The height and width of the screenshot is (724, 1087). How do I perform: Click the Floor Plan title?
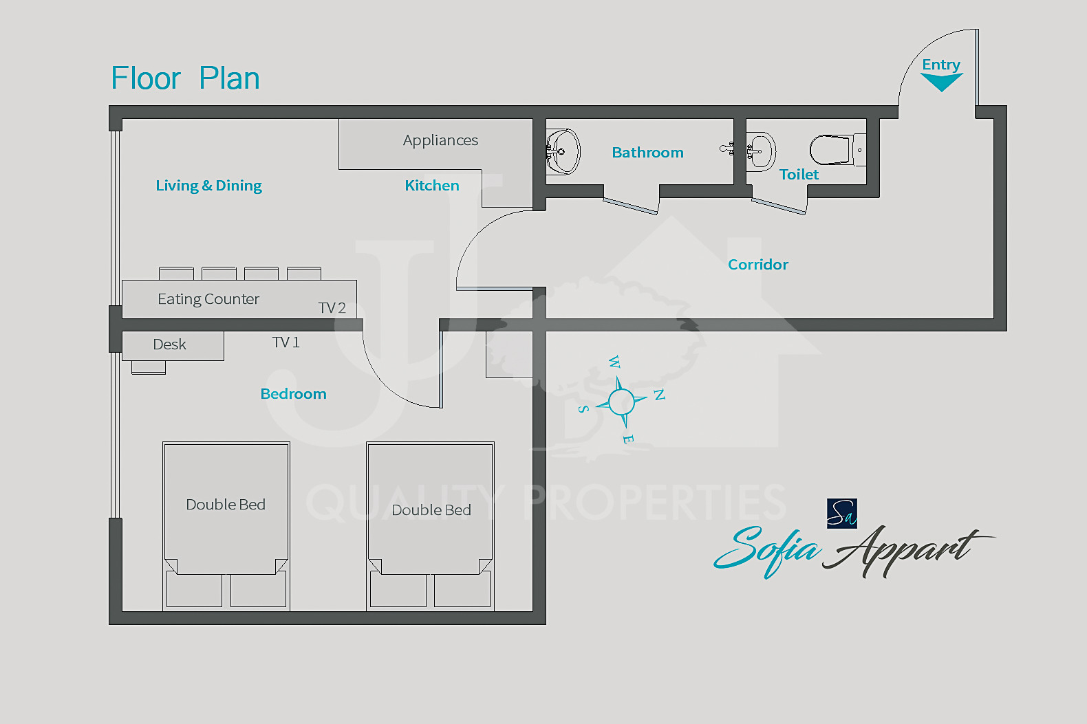click(x=185, y=78)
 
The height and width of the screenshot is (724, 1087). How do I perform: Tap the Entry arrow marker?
click(x=941, y=81)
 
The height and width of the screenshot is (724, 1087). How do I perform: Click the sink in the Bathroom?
click(x=563, y=152)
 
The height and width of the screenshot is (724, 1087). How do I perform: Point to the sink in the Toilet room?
click(x=760, y=152)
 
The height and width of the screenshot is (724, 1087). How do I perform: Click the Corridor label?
click(x=758, y=264)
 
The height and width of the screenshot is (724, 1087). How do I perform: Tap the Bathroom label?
click(x=648, y=152)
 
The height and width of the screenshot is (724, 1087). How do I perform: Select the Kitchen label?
click(x=432, y=185)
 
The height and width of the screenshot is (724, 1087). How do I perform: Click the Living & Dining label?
click(x=208, y=186)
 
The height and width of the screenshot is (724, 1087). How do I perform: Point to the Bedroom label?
click(x=293, y=393)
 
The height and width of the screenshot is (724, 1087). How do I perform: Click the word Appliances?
click(x=440, y=140)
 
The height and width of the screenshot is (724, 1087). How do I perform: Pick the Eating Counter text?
click(x=208, y=298)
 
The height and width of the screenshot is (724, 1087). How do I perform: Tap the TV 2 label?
click(x=332, y=308)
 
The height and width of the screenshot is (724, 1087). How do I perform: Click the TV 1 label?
click(x=286, y=342)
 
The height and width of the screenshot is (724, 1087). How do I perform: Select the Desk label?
click(x=169, y=344)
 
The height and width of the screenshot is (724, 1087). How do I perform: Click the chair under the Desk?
click(x=149, y=367)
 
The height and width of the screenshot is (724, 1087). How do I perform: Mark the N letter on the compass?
click(x=659, y=394)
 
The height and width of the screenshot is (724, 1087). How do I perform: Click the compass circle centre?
click(x=621, y=402)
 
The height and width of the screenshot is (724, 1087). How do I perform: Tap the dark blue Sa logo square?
click(x=842, y=513)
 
